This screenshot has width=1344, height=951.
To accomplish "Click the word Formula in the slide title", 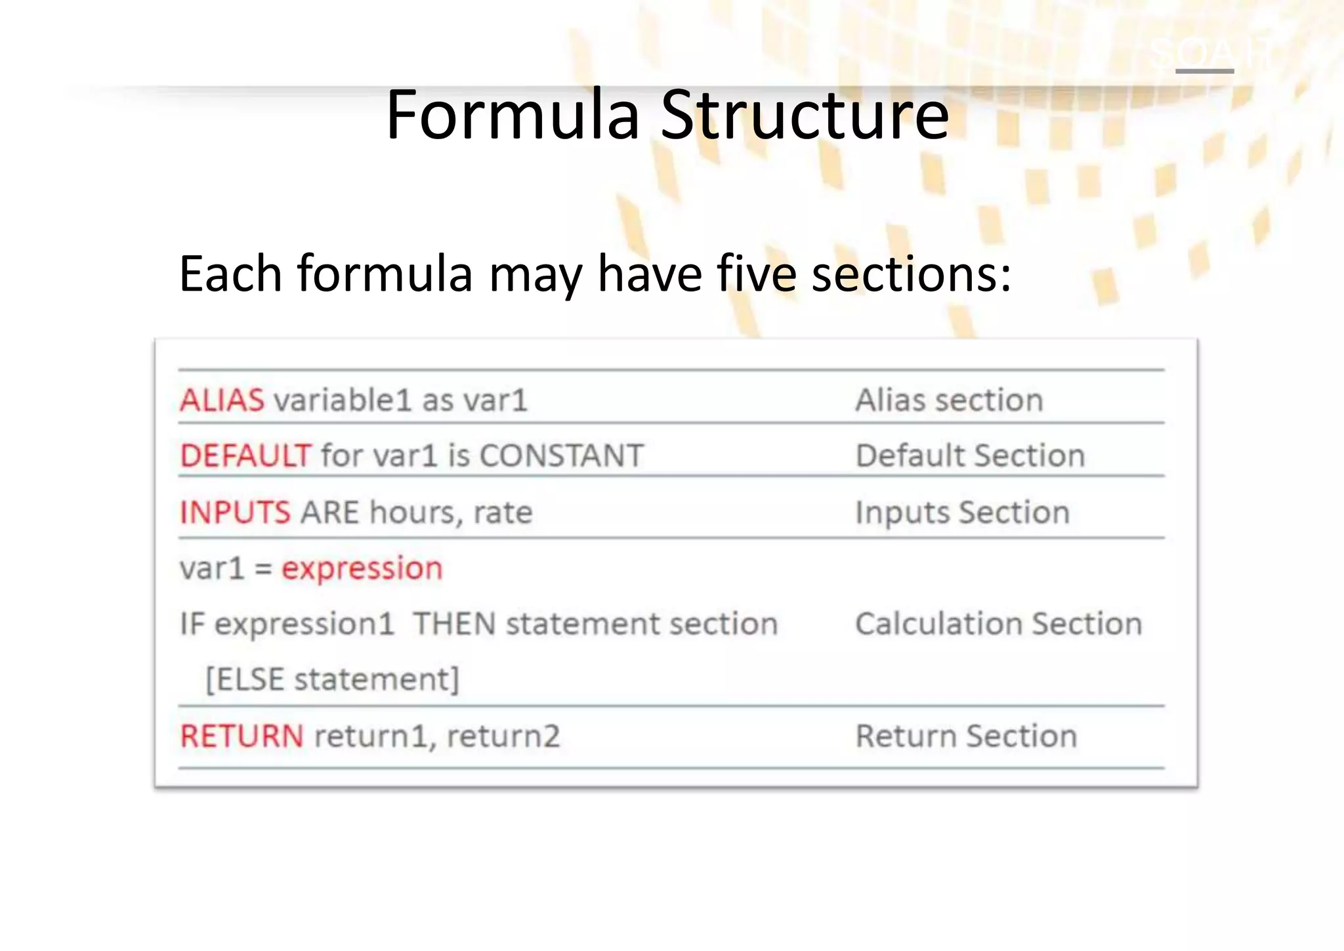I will tap(513, 116).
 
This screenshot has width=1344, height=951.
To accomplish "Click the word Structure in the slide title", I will tap(805, 116).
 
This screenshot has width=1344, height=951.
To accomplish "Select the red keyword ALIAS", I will tap(222, 400).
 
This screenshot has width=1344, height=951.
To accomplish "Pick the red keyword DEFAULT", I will tap(245, 455).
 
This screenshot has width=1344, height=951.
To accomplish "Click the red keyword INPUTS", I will tap(235, 513).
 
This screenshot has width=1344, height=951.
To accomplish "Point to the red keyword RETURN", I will tap(241, 736).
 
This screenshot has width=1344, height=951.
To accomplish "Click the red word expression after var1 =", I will tap(362, 568).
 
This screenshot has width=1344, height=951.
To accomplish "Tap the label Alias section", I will tap(949, 400).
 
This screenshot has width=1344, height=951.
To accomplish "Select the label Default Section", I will tap(970, 455).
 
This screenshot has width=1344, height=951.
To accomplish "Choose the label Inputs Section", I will tap(962, 513).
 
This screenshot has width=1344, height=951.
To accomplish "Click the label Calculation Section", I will tap(998, 623).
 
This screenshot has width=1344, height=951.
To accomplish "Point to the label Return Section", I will tap(966, 736).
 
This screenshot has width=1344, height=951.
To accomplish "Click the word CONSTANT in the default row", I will tap(562, 455).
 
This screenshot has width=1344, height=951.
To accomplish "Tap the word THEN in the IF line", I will tap(454, 623).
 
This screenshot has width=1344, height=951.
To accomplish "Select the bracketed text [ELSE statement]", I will tap(332, 679).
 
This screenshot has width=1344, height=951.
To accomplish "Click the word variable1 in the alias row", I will tap(342, 400).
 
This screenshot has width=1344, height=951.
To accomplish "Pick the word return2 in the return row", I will tap(503, 736).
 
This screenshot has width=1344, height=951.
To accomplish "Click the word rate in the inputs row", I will tap(503, 513).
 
